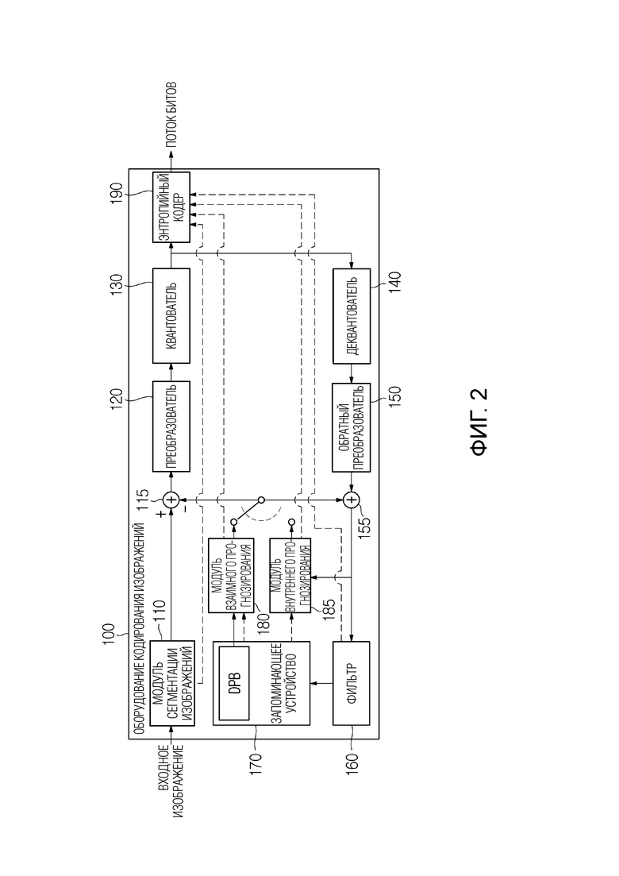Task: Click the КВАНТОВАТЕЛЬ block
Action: pos(171,315)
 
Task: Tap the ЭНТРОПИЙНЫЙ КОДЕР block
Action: pos(171,207)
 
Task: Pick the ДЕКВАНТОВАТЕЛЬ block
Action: pos(351,315)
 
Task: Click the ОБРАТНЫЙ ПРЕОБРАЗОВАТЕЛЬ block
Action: pos(351,427)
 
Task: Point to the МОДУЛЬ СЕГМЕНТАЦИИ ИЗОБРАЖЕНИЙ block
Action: pos(173,683)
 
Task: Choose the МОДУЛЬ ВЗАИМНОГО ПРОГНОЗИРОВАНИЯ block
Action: pos(231,576)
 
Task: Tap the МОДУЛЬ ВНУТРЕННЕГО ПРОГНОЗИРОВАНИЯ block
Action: pos(290,576)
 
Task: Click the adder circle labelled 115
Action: pos(171,500)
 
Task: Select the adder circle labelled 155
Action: pos(351,500)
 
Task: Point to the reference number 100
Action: pos(108,635)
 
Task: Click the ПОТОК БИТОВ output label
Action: pos(171,115)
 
